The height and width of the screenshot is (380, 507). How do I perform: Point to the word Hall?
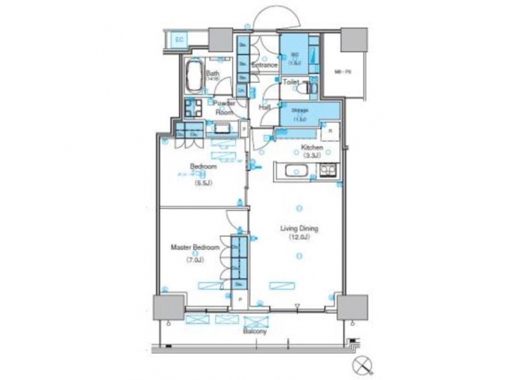click(265, 107)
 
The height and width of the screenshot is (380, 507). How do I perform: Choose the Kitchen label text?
click(312, 148)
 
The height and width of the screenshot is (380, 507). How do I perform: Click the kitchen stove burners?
click(327, 170)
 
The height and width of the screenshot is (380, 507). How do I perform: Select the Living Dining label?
click(301, 229)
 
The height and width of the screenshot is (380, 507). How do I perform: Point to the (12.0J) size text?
click(300, 238)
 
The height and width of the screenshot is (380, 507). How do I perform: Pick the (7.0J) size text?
click(196, 259)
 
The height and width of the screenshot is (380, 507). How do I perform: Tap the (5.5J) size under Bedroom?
click(203, 184)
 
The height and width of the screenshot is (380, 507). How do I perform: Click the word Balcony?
click(254, 330)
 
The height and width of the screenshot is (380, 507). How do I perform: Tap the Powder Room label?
click(225, 107)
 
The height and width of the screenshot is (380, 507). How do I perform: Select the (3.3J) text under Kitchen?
click(312, 156)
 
